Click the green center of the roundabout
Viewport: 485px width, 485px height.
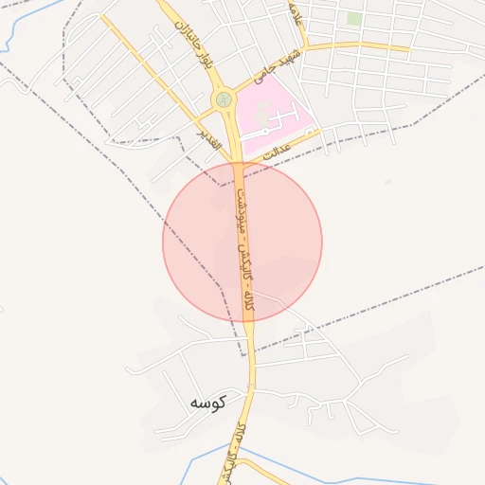tap(224, 98)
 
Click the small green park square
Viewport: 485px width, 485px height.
tap(354, 18)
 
